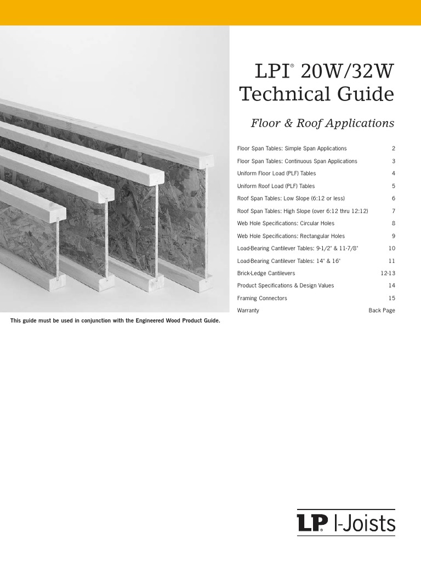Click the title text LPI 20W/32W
coord(317,72)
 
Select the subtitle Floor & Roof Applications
coord(322,123)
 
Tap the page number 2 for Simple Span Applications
coord(393,148)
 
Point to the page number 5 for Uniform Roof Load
coord(393,186)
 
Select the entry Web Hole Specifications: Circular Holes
coord(285,224)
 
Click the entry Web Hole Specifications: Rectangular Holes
coord(291,236)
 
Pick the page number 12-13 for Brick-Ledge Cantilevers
coord(388,273)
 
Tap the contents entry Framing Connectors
coord(261,298)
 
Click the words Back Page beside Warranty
coord(382,311)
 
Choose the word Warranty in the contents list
coord(248,311)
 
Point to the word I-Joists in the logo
coord(365,523)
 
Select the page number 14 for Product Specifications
coord(391,285)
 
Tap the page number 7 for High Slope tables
coord(393,211)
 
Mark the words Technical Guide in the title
coord(317,94)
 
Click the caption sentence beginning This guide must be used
coord(115,320)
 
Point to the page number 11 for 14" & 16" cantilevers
coord(391,261)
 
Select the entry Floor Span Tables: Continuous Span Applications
coord(297,161)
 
